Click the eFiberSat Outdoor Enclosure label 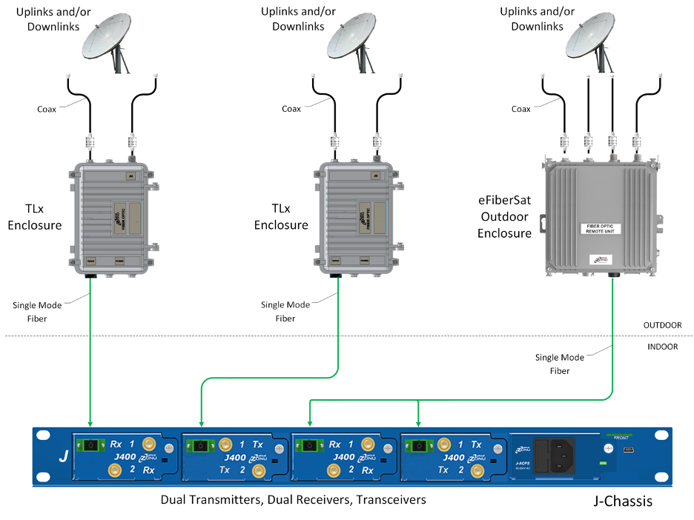(504, 216)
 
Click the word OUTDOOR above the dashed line (662, 325)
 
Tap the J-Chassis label (623, 501)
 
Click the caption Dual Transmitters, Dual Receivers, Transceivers (293, 500)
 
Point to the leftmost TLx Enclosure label (33, 216)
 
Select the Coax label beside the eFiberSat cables (521, 109)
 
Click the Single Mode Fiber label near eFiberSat (560, 364)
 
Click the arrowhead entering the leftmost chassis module (90, 424)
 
